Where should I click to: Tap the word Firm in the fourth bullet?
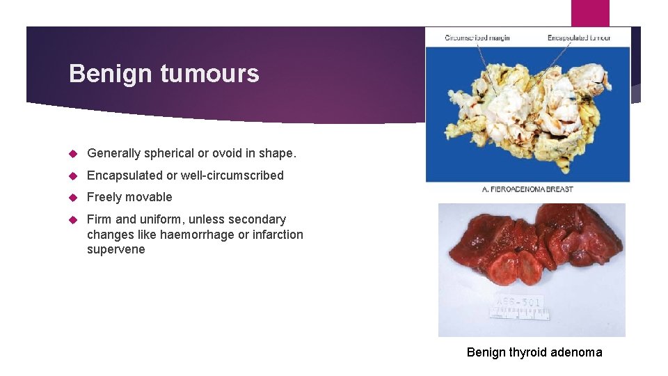click(100, 219)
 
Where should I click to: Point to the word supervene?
click(116, 249)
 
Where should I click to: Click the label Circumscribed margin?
click(477, 38)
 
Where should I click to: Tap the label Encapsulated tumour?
click(579, 38)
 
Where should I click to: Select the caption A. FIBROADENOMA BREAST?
click(527, 189)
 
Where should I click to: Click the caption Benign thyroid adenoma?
click(534, 352)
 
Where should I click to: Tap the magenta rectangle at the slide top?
click(590, 13)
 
